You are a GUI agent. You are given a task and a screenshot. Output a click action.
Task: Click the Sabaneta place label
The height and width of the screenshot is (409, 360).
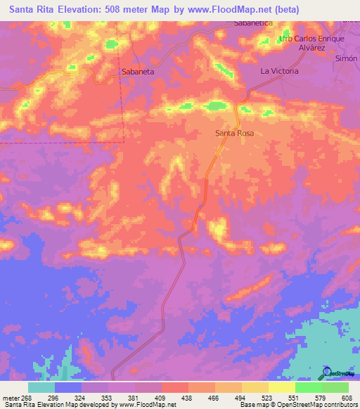[138, 72]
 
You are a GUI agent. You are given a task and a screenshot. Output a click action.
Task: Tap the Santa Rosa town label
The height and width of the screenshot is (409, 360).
[234, 133]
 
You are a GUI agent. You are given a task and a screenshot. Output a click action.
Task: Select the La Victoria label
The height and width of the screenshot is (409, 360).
[279, 72]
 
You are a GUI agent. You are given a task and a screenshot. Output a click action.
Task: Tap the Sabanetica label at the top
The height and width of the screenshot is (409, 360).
[253, 23]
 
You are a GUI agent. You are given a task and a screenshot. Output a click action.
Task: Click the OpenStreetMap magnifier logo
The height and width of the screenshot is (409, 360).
[326, 371]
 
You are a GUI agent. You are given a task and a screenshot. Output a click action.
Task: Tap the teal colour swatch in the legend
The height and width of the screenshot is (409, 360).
[41, 387]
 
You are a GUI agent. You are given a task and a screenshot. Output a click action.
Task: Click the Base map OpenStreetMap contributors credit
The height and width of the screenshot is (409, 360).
[298, 404]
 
